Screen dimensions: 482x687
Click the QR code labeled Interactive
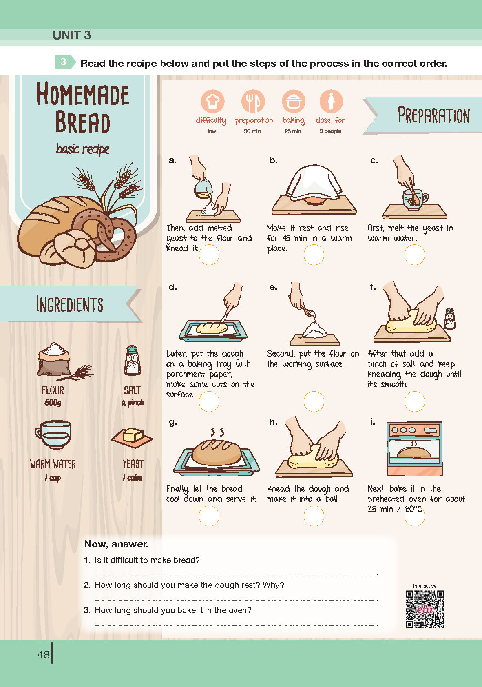click(x=425, y=609)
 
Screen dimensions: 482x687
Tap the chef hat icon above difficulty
click(x=212, y=101)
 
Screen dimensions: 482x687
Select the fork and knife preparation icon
click(x=253, y=101)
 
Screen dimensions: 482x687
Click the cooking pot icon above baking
click(x=294, y=101)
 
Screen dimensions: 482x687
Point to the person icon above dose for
click(x=331, y=101)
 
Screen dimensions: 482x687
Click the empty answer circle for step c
click(x=415, y=255)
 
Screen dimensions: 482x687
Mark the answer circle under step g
click(x=209, y=516)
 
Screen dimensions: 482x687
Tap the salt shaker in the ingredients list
click(x=133, y=360)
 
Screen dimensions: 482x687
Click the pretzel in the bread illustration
click(x=106, y=235)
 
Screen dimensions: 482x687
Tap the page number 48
click(x=44, y=654)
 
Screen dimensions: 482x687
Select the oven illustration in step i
click(x=414, y=449)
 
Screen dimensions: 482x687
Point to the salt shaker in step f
click(x=450, y=319)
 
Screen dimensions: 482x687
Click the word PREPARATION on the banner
click(x=433, y=115)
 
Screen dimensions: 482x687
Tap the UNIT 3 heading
click(x=72, y=35)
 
